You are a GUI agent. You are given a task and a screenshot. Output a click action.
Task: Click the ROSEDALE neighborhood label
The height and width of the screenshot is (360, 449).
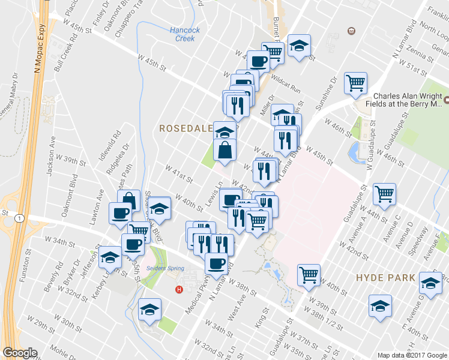(x=185, y=128)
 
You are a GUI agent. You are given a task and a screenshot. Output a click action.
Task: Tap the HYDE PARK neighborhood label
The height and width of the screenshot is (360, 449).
(x=385, y=278)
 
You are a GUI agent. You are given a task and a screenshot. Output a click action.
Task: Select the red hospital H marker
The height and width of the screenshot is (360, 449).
(x=178, y=290)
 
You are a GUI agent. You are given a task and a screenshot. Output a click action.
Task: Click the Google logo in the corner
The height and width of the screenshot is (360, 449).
(x=20, y=353)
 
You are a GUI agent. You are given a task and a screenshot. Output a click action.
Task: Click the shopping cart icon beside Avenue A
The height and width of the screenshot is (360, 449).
(x=384, y=193)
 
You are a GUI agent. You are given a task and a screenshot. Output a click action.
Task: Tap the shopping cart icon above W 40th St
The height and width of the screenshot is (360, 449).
(x=309, y=274)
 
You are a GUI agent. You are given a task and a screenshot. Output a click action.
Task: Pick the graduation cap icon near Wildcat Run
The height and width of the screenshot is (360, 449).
(x=298, y=46)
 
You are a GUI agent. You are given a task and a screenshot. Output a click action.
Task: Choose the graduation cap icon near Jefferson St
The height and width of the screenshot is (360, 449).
(x=110, y=257)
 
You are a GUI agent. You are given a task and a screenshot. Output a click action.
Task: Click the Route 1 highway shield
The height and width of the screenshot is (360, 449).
(x=20, y=218)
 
